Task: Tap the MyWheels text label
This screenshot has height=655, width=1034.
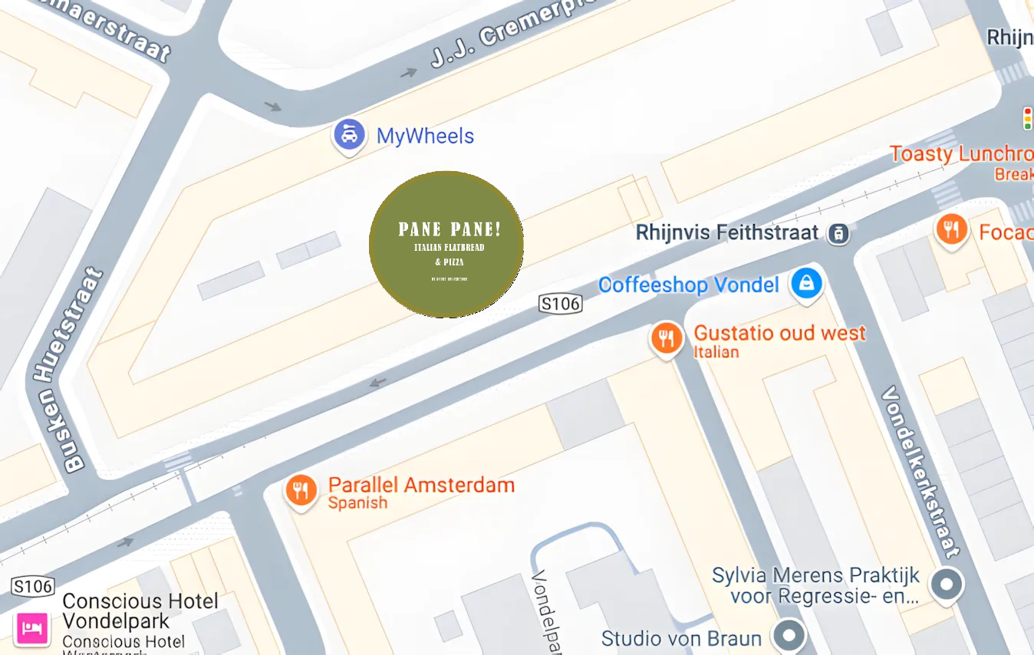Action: (425, 137)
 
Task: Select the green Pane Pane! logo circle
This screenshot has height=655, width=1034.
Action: (446, 244)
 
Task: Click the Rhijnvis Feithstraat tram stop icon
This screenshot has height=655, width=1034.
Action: (838, 233)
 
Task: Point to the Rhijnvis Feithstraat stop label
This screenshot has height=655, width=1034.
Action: (726, 232)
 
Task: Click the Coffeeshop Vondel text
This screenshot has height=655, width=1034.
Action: (688, 285)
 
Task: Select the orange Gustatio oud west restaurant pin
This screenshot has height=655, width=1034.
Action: (667, 338)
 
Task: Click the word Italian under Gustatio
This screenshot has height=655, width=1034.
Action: (716, 353)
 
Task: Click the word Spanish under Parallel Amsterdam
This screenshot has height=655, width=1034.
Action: (357, 504)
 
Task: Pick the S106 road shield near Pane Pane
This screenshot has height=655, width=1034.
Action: (560, 304)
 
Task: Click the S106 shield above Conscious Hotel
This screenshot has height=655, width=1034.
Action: (33, 588)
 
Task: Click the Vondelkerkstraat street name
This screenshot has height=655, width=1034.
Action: (919, 471)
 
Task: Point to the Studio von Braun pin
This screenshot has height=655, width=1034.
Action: (789, 636)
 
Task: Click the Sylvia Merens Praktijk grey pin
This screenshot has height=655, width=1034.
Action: (946, 584)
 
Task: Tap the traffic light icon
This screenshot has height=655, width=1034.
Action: (1027, 119)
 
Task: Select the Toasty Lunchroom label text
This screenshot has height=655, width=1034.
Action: (961, 154)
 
